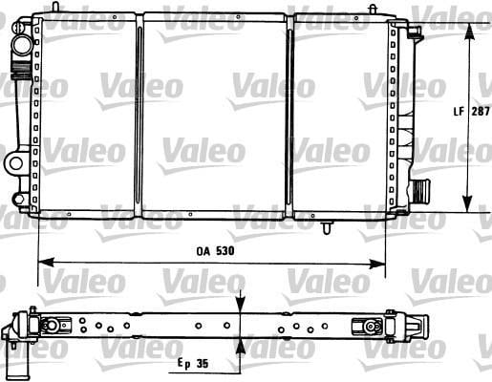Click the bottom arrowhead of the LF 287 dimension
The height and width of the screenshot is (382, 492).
[467, 207]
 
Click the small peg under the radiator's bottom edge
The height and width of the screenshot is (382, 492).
[328, 229]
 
